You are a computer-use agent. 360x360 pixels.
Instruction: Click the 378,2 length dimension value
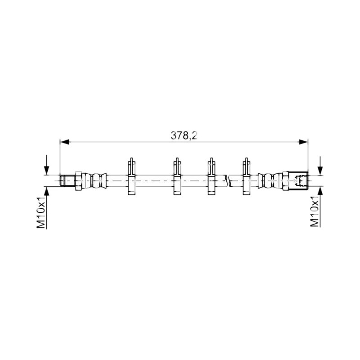point(184,136)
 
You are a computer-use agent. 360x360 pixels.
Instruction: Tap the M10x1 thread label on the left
point(41,212)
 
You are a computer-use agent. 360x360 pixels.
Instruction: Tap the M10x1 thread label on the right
point(315,211)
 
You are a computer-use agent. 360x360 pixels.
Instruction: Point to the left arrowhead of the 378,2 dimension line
point(64,142)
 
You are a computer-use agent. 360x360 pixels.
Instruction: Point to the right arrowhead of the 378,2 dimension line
point(303,142)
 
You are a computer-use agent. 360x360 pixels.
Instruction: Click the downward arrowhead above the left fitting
point(47,171)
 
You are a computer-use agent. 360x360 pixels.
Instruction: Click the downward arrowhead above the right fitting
point(320,171)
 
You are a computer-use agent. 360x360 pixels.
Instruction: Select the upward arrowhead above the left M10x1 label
point(47,191)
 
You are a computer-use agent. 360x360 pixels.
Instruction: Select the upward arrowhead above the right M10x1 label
point(320,191)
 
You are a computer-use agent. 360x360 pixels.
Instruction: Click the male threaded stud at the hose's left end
point(67,180)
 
